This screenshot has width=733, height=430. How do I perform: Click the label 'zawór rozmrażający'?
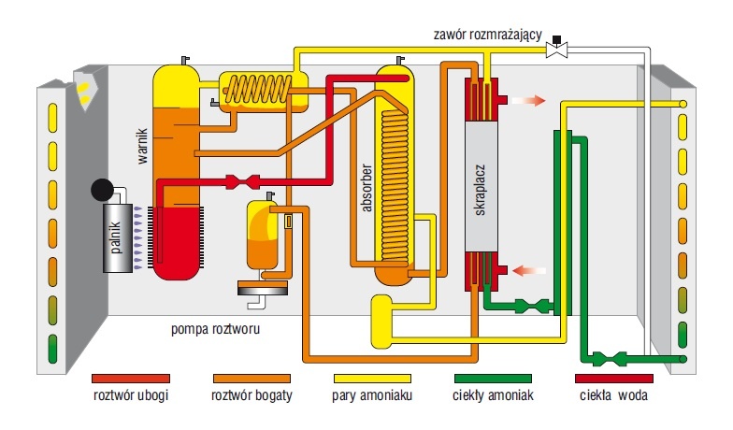(488, 35)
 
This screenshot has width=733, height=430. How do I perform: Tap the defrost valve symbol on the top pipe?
(557, 47)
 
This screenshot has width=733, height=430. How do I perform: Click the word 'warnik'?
(142, 146)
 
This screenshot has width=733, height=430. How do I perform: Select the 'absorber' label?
(366, 187)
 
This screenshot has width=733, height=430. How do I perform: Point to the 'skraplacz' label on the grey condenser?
(481, 190)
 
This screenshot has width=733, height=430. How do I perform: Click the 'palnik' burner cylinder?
(118, 237)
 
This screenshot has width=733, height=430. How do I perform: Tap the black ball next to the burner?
(102, 189)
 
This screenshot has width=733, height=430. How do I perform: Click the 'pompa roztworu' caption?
(215, 329)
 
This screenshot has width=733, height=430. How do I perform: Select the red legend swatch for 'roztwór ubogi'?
(131, 379)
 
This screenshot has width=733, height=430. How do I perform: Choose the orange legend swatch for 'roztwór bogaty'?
(252, 379)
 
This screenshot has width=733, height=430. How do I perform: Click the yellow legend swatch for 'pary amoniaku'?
(372, 379)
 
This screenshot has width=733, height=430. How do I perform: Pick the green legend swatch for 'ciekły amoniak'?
(493, 379)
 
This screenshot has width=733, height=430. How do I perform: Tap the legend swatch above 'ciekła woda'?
(613, 379)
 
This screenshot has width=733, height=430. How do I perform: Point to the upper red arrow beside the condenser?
(529, 101)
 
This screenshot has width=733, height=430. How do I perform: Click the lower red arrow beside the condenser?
(529, 271)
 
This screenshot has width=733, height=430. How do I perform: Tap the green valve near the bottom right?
(608, 359)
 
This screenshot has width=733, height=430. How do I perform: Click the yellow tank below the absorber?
(381, 322)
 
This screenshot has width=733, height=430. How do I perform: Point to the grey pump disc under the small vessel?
(262, 288)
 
